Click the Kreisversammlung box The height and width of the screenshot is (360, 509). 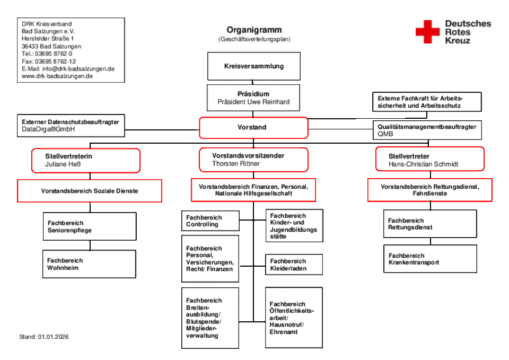click(253, 66)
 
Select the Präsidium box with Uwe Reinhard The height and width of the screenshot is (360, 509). click(253, 98)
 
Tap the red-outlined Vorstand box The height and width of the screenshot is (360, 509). click(253, 128)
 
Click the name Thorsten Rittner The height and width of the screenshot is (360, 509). click(236, 164)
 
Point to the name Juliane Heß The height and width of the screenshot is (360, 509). click(63, 164)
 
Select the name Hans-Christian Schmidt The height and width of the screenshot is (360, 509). click(423, 164)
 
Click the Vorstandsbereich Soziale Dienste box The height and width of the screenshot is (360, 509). click(90, 191)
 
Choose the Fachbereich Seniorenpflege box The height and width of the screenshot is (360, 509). click(90, 227)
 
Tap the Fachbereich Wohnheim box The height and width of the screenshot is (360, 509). click(89, 264)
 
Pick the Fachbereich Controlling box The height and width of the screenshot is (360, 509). click(210, 221)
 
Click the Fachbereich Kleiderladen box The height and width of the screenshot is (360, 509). click(294, 265)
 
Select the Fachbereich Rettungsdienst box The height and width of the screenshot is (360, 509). click(429, 224)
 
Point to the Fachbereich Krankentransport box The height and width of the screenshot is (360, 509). click(429, 259)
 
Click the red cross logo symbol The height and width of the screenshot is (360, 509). click(427, 32)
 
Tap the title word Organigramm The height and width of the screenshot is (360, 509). click(254, 30)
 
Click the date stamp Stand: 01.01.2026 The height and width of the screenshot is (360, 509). click(44, 337)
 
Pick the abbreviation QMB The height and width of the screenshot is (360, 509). click(385, 134)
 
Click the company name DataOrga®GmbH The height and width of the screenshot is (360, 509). click(48, 129)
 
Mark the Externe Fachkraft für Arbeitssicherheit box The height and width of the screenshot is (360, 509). click(427, 102)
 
